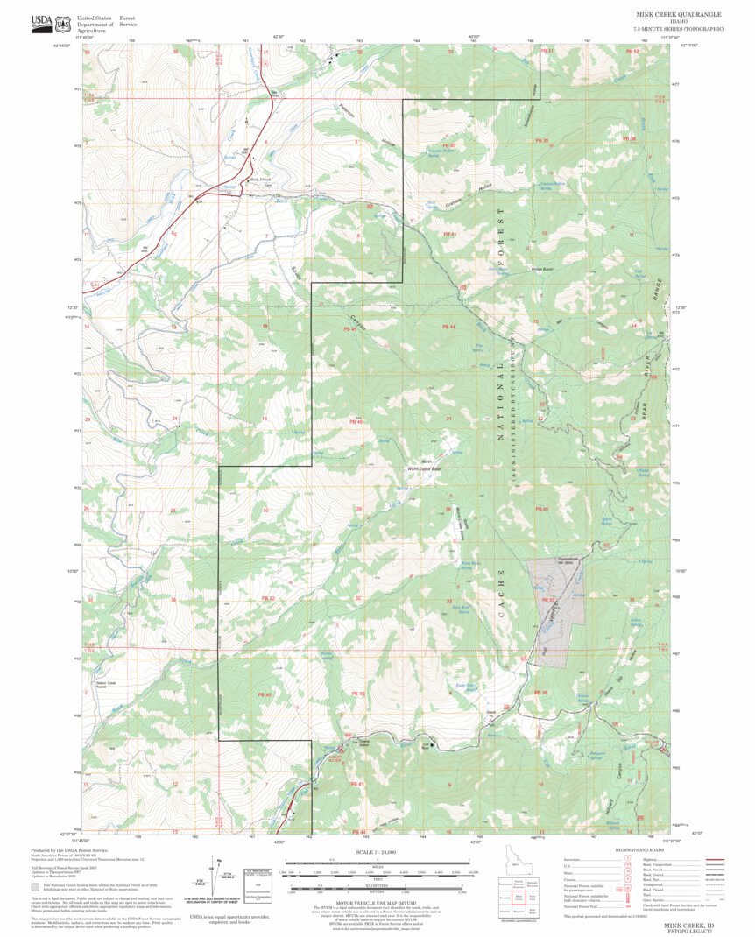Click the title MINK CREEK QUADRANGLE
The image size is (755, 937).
pos(679,15)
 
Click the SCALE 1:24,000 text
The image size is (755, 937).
pos(377,852)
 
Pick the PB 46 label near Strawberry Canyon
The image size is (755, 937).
pos(356,421)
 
